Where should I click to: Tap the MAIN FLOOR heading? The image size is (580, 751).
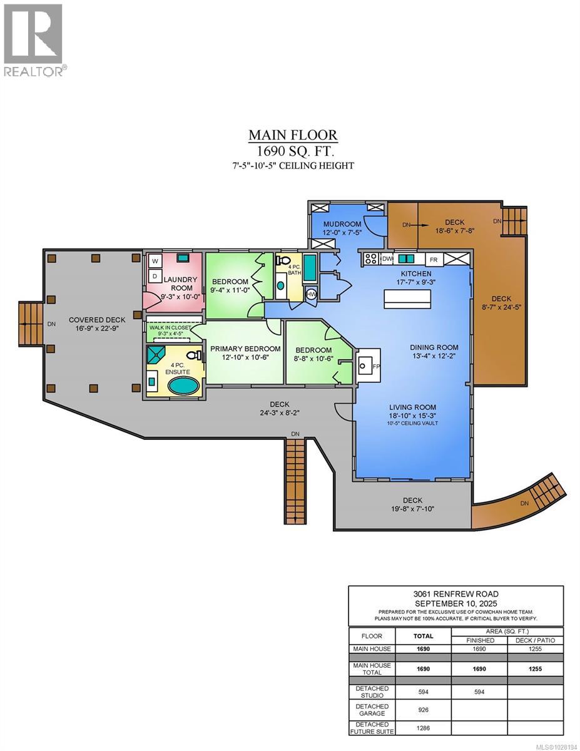(293, 135)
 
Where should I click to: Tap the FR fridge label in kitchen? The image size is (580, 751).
(433, 259)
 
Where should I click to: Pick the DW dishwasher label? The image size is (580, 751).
(387, 258)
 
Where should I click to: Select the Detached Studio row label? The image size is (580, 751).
(372, 692)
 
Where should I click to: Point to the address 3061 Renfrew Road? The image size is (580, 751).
(455, 594)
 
